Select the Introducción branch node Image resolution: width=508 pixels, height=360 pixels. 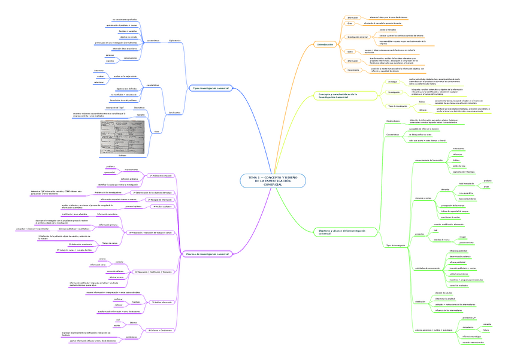[x=325, y=44]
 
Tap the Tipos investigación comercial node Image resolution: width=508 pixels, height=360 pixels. [x=210, y=88]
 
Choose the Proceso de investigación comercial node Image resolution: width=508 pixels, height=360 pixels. [x=208, y=254]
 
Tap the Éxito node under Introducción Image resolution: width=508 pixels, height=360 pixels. [x=350, y=23]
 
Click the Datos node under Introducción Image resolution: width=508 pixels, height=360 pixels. [x=350, y=52]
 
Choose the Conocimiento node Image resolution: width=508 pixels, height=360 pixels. [x=353, y=70]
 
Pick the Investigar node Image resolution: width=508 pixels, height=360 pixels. [x=392, y=80]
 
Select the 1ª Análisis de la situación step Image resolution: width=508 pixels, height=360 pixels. [x=161, y=175]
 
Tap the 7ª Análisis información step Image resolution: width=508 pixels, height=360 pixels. [x=162, y=302]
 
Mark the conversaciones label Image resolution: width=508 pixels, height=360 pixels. [x=130, y=58]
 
